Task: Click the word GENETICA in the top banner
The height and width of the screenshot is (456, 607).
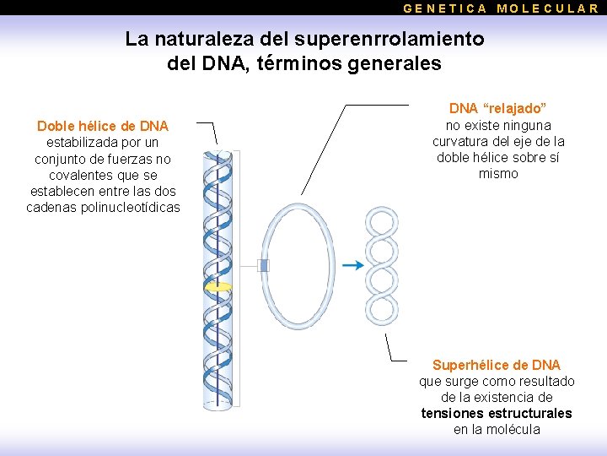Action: click(445, 8)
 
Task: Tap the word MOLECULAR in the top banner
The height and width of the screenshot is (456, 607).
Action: click(548, 8)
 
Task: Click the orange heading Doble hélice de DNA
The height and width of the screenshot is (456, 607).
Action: click(103, 127)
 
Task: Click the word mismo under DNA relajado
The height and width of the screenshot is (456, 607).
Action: click(498, 173)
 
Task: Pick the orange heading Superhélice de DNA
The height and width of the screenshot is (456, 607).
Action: click(497, 365)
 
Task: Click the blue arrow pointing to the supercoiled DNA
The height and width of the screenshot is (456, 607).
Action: click(353, 265)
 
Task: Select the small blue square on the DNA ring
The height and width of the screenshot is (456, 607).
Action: click(263, 266)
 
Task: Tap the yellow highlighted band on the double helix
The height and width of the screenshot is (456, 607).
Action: click(218, 287)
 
